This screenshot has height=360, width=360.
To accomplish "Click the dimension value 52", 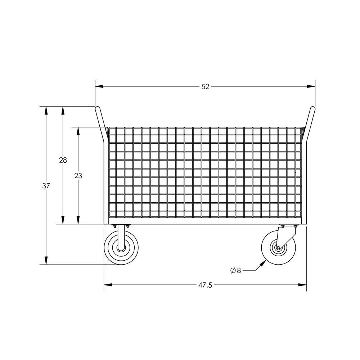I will click(x=205, y=87).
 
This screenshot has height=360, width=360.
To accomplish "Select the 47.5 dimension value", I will click(x=205, y=285).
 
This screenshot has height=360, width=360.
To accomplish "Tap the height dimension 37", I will click(x=46, y=186).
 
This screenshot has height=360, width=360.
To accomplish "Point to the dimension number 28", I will click(x=63, y=160).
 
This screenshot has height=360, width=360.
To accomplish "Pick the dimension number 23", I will click(x=78, y=176).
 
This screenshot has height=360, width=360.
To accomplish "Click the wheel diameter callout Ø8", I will click(x=235, y=270).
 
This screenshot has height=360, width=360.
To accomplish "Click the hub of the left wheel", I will click(x=121, y=248).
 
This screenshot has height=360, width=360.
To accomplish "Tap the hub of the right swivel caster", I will click(x=278, y=248).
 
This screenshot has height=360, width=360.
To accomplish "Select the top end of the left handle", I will click(x=97, y=108).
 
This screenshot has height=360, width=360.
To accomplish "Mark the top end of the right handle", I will click(x=313, y=108).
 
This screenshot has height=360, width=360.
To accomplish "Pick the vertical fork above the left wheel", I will click(x=121, y=234).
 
